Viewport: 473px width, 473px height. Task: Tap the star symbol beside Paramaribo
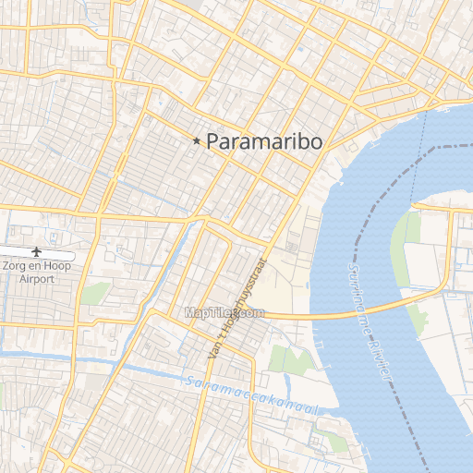[x=197, y=141]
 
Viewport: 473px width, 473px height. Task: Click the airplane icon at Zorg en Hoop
[x=38, y=251]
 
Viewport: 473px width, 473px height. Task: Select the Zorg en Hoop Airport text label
[x=37, y=272]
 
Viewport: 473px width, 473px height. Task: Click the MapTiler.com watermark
[x=224, y=313]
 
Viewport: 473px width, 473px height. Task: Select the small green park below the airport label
[x=94, y=294]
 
